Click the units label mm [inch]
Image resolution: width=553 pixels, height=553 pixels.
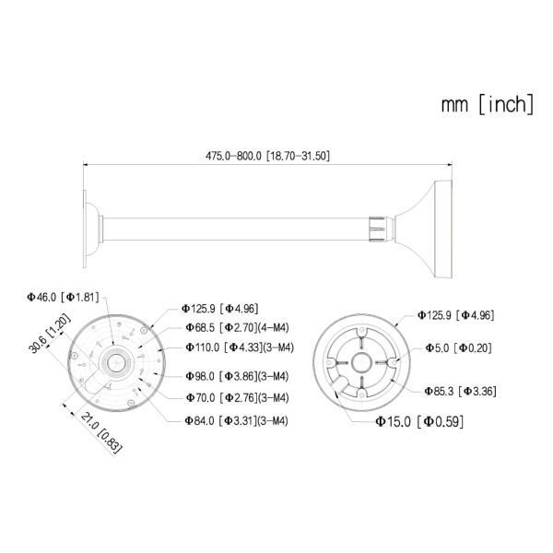486,104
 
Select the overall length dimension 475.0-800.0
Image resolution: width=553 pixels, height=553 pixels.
267,157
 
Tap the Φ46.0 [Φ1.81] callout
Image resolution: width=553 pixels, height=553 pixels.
61,297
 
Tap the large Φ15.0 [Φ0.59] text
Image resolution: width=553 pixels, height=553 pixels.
418,421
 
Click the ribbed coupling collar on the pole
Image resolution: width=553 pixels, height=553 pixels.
379,225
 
